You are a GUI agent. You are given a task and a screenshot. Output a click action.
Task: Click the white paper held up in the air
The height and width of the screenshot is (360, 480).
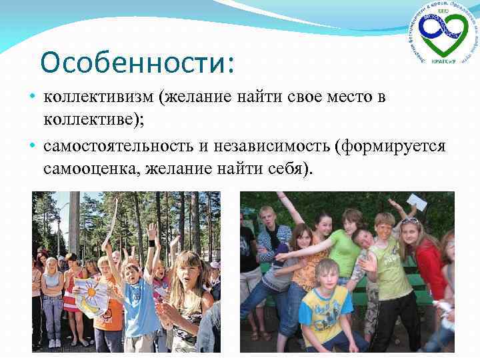[417, 202]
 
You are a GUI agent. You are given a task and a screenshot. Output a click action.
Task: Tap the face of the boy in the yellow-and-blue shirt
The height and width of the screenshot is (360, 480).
[327, 275]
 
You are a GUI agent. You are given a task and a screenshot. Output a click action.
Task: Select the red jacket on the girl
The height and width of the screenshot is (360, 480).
[431, 267]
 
